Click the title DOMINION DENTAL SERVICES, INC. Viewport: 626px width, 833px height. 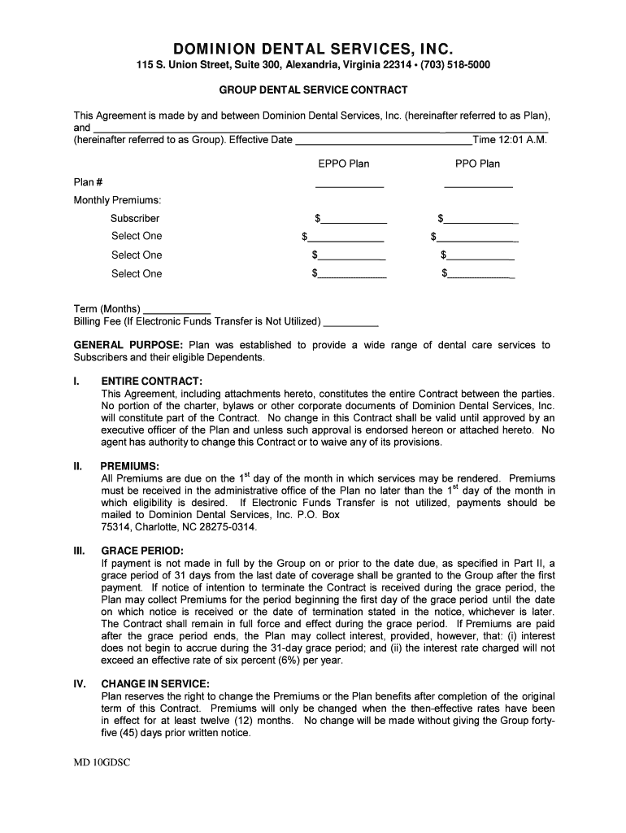pos(313,46)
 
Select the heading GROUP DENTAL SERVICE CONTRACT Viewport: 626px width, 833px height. pos(313,89)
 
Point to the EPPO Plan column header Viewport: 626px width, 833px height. pos(343,164)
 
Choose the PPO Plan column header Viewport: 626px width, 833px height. pos(477,164)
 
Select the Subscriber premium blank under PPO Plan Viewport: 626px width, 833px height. pos(482,220)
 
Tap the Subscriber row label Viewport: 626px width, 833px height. pos(135,218)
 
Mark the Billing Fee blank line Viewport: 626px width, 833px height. pos(351,322)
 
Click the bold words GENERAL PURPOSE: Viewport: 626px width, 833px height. pos(128,345)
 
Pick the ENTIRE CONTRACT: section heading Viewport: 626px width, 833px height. pos(151,381)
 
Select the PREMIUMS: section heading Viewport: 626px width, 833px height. pos(130,466)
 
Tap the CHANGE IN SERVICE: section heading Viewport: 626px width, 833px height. pos(155,684)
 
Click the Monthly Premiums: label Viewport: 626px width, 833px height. pos(117,199)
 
